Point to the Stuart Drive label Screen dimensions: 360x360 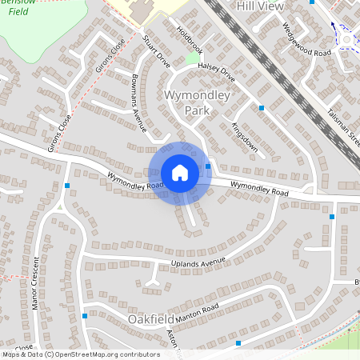157,52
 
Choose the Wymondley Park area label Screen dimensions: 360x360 196,102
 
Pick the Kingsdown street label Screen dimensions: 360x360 244,137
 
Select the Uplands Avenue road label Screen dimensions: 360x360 199,262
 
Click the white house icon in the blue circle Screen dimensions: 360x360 180,173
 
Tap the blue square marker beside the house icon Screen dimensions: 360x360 208,166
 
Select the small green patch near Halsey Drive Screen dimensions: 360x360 192,58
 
